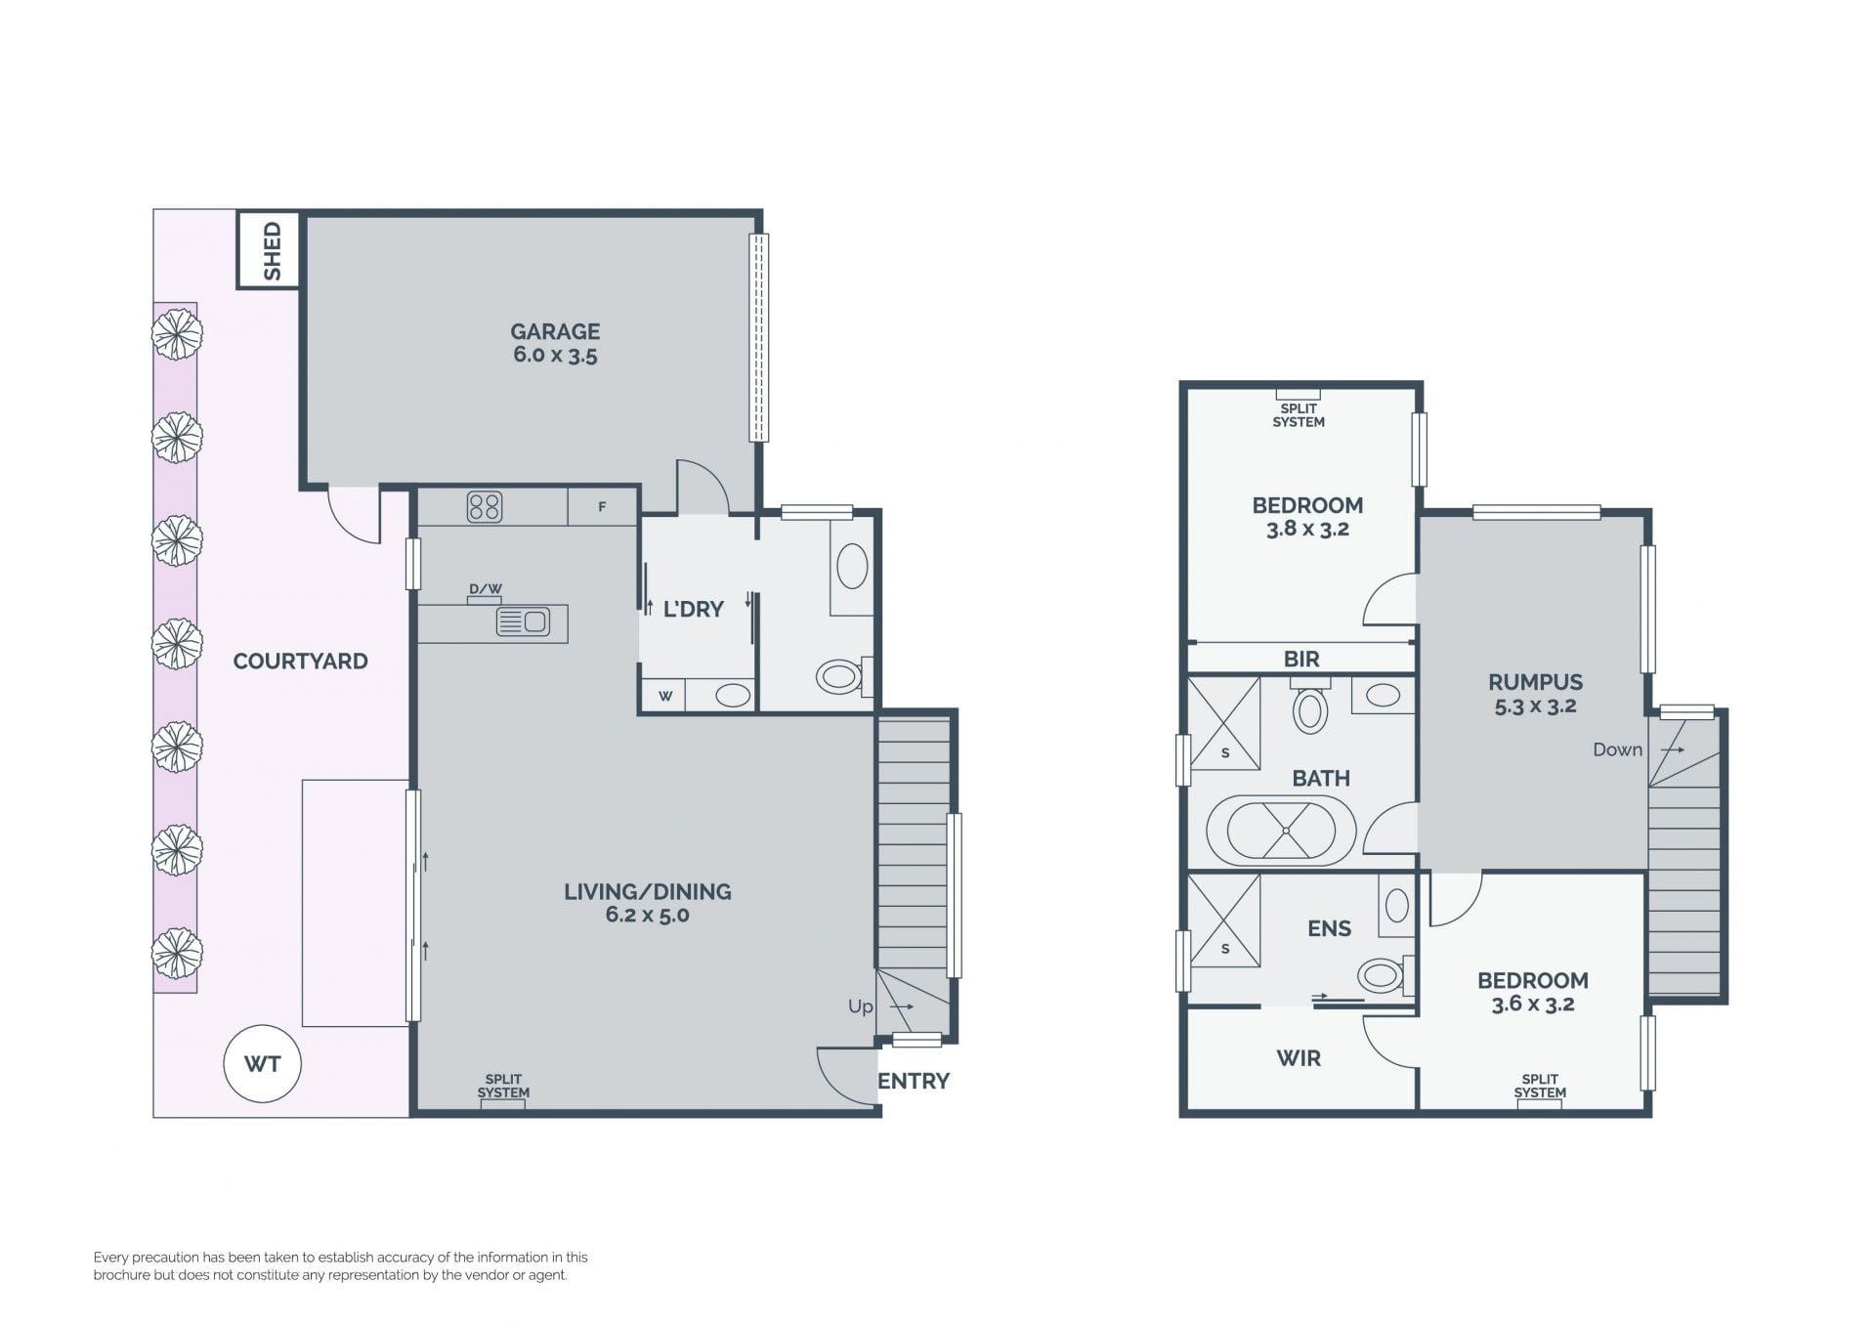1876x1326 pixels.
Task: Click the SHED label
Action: (273, 250)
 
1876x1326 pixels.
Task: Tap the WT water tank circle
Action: (262, 1064)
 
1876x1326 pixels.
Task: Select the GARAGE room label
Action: (555, 331)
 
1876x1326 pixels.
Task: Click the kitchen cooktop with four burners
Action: (485, 507)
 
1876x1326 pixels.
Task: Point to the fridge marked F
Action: (602, 507)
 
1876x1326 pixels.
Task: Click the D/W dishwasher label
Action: (486, 588)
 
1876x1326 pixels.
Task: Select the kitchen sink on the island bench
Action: (523, 621)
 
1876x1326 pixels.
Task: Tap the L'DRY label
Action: (694, 609)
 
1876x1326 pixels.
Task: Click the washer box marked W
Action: (663, 696)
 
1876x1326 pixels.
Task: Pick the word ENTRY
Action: (914, 1081)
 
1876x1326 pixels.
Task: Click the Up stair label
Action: (861, 1006)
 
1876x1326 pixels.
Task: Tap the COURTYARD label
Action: (301, 661)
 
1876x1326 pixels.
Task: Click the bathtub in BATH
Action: (1282, 831)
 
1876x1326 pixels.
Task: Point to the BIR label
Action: (1301, 660)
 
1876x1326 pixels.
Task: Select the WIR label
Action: (1299, 1057)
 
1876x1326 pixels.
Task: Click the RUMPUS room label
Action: (1535, 682)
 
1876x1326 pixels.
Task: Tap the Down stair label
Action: (1617, 749)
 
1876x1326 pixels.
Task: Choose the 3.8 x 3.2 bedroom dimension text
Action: (1307, 529)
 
